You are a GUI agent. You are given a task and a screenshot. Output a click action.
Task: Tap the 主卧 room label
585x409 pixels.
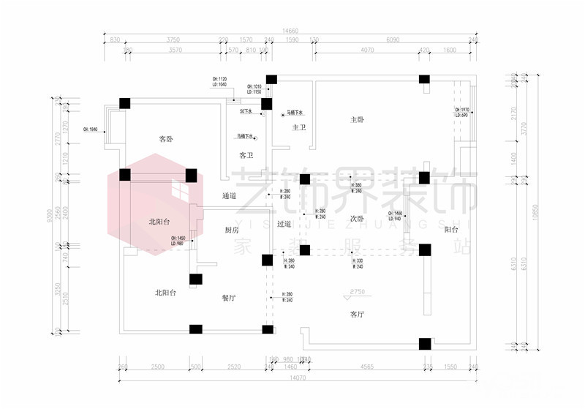pyautogui.click(x=357, y=119)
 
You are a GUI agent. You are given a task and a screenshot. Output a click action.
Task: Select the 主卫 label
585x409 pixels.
pyautogui.click(x=299, y=128)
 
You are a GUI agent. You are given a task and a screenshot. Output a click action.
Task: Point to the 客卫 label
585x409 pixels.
pyautogui.click(x=246, y=155)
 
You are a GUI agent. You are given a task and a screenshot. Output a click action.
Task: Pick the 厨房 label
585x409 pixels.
pyautogui.click(x=232, y=230)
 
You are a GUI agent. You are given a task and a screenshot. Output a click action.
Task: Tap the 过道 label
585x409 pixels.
pyautogui.click(x=284, y=224)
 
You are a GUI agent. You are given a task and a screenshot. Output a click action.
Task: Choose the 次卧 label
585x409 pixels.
pyautogui.click(x=356, y=219)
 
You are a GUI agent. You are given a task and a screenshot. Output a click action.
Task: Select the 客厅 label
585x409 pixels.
pyautogui.click(x=357, y=314)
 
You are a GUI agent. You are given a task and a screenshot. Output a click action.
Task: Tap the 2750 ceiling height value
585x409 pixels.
pyautogui.click(x=357, y=292)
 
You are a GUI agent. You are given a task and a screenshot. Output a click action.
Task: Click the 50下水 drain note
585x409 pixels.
pyautogui.click(x=246, y=112)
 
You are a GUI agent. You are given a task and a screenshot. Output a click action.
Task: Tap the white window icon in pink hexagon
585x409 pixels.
pyautogui.click(x=181, y=192)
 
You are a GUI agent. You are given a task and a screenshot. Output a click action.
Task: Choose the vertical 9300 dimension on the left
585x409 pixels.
pyautogui.click(x=50, y=215)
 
